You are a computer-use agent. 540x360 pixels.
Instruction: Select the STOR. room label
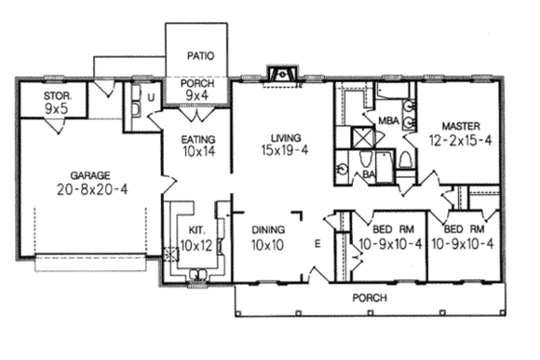tap(55, 97)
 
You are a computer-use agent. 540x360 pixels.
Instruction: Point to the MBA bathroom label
tap(388, 122)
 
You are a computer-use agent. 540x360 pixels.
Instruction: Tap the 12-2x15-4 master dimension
tap(461, 140)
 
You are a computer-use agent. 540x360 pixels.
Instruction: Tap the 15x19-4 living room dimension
tap(277, 152)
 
